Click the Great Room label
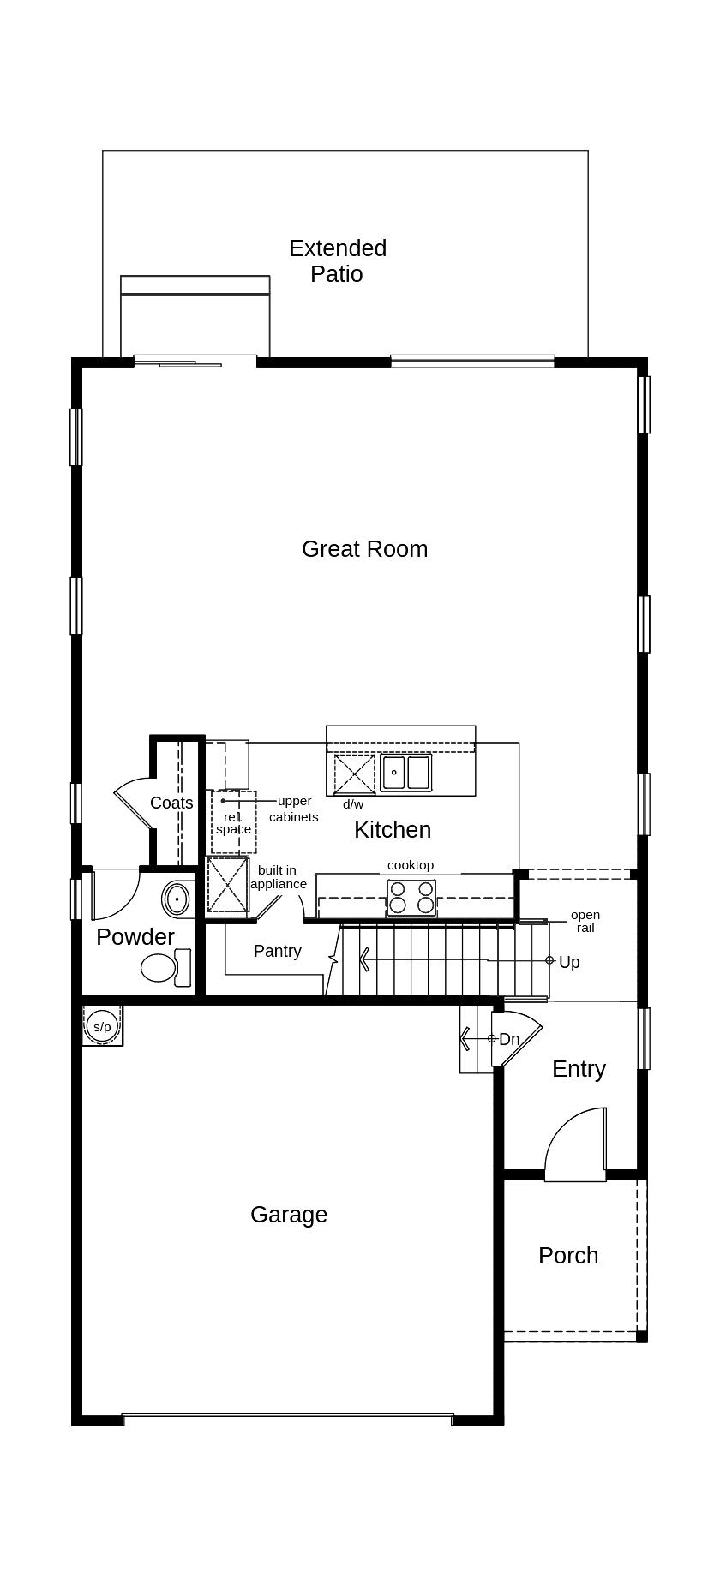tap(364, 549)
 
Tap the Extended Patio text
tap(338, 261)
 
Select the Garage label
tap(289, 1215)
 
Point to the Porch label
tap(568, 1256)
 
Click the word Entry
tap(579, 1069)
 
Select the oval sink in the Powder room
tap(177, 899)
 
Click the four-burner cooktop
tap(411, 897)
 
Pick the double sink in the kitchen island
tap(406, 773)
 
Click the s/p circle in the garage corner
tap(102, 1026)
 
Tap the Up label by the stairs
tap(569, 962)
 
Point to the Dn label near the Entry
tap(509, 1039)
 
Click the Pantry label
tap(278, 951)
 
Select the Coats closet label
tap(171, 803)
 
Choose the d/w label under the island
tap(353, 804)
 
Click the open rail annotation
tap(585, 921)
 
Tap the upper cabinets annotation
tap(294, 809)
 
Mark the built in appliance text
tap(278, 877)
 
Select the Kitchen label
tap(393, 829)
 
